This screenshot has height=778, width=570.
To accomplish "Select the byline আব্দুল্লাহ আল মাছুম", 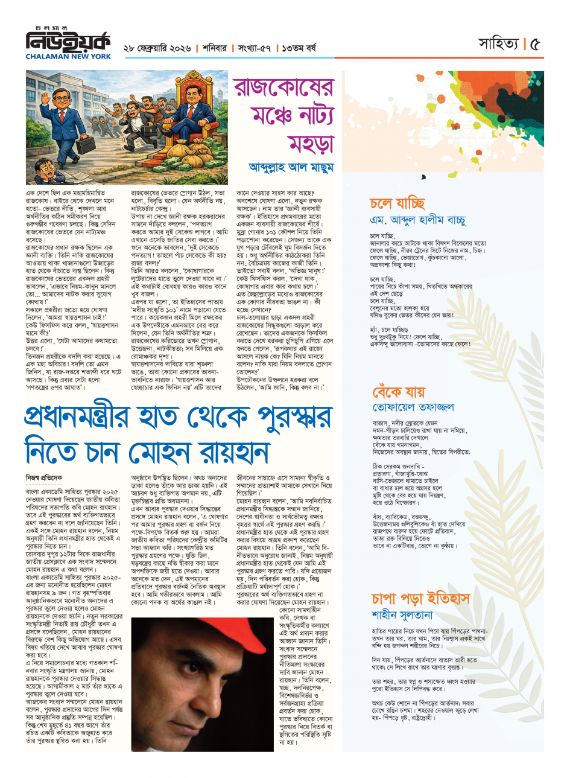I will [290, 167].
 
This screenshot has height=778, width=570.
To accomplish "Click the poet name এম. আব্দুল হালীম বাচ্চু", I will [417, 221].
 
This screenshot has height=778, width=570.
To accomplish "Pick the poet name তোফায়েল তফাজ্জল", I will [413, 408].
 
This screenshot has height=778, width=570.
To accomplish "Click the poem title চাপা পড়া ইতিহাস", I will [420, 598].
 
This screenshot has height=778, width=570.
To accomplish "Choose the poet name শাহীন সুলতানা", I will [402, 615].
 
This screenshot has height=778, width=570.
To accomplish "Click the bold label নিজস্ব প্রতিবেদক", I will [43, 477].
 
